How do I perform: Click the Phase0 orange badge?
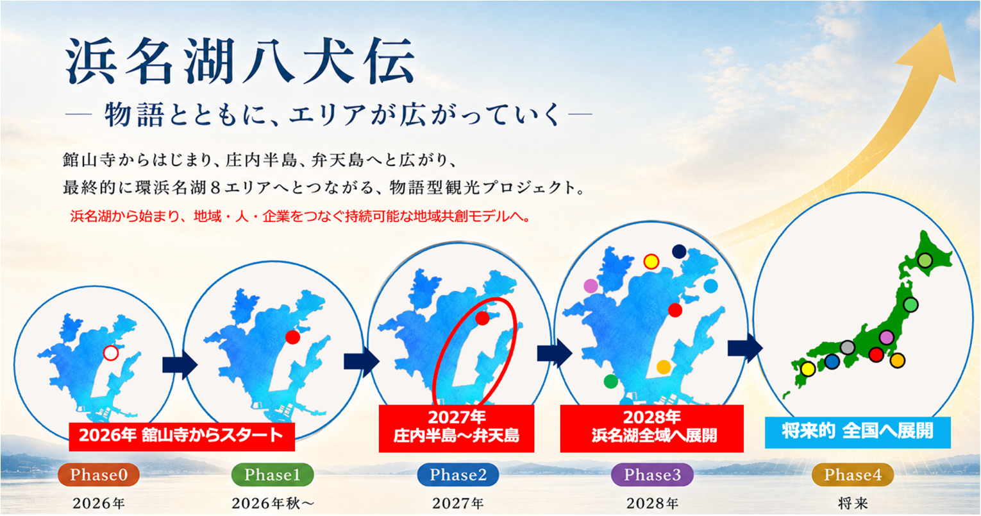(99, 475)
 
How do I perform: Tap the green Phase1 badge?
(272, 475)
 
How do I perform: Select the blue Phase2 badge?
(458, 475)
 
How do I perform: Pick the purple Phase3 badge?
(653, 475)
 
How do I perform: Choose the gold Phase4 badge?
(853, 475)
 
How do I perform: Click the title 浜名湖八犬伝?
(240, 61)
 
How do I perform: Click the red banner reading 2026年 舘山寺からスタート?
(181, 436)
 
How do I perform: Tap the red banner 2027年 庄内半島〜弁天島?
(457, 428)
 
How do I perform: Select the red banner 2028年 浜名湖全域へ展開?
(651, 428)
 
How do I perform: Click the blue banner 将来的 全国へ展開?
(857, 433)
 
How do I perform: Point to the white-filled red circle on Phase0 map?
(111, 353)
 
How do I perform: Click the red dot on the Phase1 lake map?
(292, 337)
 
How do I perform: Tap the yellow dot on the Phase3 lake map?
(651, 261)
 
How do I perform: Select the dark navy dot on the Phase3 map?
(679, 252)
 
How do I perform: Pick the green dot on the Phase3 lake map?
(610, 381)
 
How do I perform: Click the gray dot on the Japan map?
(848, 348)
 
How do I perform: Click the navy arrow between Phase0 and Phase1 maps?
(180, 365)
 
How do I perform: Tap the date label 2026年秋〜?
(273, 503)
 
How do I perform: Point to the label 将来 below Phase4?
(853, 503)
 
